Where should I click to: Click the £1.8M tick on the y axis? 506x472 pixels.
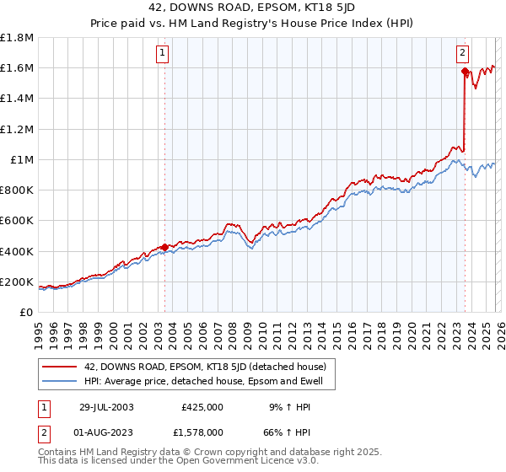click(x=17, y=38)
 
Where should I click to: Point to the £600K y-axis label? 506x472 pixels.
click(x=17, y=221)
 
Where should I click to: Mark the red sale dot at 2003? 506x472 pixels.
click(x=164, y=247)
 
